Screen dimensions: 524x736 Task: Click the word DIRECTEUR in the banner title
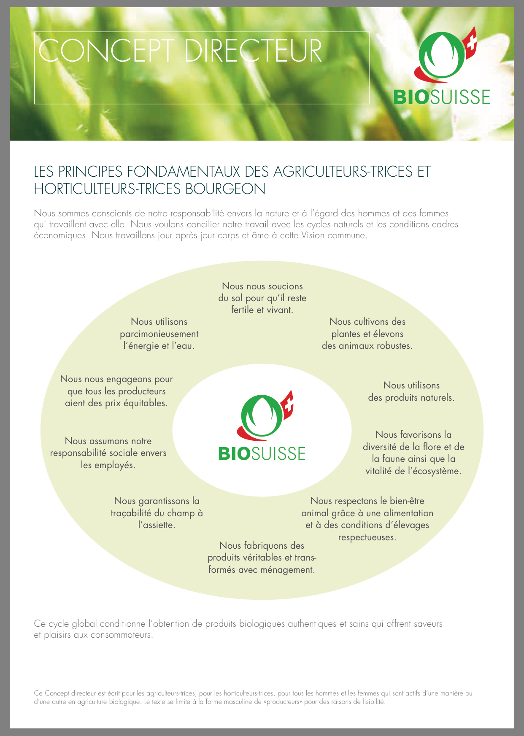(x=253, y=51)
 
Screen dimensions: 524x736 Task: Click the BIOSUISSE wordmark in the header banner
(x=442, y=97)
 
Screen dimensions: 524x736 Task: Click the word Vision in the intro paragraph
(x=313, y=235)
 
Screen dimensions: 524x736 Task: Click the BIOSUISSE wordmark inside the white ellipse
(x=262, y=453)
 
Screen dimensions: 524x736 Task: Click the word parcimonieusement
(x=159, y=334)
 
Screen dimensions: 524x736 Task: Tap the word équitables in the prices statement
(x=145, y=404)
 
